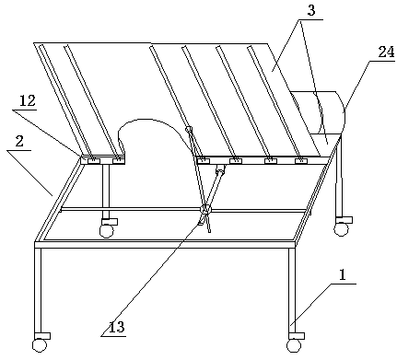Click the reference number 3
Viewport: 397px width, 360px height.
click(x=311, y=11)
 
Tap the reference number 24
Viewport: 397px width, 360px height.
click(x=386, y=52)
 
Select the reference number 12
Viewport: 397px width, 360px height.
click(x=28, y=101)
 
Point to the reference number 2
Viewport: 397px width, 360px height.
click(x=19, y=142)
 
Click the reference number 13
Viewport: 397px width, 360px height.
click(x=117, y=327)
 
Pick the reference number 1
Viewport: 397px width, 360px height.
click(x=343, y=275)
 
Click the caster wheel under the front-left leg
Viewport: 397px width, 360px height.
click(x=40, y=345)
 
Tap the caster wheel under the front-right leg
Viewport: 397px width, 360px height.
click(x=294, y=345)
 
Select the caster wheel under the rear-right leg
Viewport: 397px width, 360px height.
click(x=341, y=229)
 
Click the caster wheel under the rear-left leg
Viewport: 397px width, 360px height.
click(x=106, y=231)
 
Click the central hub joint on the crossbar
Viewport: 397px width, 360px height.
click(x=205, y=210)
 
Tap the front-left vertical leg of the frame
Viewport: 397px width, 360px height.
click(x=38, y=290)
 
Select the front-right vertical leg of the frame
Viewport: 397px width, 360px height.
click(x=292, y=290)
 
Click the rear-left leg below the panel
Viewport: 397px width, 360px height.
click(x=106, y=191)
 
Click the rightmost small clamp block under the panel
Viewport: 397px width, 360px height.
click(x=301, y=161)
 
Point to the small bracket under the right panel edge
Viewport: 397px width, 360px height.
click(x=220, y=168)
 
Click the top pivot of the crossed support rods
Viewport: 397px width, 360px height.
click(x=189, y=129)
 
